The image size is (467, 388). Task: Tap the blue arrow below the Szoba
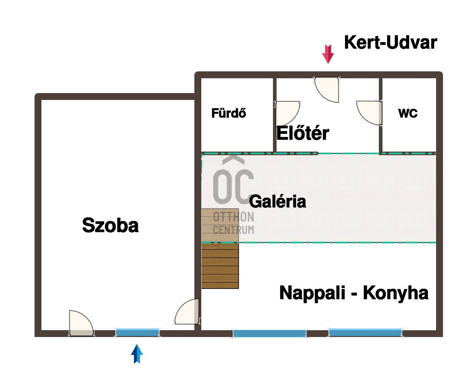point(137,354)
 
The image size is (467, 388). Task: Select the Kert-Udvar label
point(390,42)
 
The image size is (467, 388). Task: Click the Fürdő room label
point(229,113)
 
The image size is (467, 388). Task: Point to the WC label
point(408,113)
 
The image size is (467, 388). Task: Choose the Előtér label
point(303,133)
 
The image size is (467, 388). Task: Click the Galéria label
point(278,201)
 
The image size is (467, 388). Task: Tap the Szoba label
point(110,225)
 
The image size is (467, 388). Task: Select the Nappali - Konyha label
point(354,293)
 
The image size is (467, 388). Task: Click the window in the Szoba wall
point(137,332)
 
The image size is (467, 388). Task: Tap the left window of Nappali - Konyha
point(269,333)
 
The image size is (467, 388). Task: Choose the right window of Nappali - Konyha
point(365,332)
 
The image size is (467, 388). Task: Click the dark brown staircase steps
point(220,266)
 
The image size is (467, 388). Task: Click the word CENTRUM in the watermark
point(233,230)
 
